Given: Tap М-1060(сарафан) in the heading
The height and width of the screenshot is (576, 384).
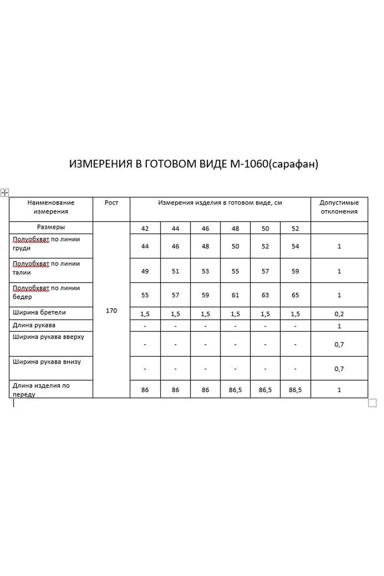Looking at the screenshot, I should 274,164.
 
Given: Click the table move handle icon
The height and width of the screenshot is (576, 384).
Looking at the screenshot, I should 5,193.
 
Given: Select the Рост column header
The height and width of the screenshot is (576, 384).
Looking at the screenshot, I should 111,203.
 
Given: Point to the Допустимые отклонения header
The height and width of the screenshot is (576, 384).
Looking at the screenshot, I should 339,207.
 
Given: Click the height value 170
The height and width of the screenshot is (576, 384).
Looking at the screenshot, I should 111,311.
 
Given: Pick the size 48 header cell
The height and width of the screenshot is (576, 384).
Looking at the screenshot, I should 235,229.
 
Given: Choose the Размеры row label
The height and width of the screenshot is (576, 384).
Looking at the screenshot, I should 51,227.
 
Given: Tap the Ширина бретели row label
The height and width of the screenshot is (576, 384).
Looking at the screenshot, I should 39,312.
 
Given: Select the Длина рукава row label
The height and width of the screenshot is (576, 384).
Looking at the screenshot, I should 34,325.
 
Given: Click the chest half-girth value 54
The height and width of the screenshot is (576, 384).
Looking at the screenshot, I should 295,247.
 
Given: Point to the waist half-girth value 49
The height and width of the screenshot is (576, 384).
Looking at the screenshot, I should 145,271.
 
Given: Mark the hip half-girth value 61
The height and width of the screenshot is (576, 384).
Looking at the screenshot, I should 235,295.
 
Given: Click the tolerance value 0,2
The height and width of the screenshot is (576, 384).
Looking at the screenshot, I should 339,314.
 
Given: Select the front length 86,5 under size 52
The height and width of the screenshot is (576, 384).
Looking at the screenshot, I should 295,390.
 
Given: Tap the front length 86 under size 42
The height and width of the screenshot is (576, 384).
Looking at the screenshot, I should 145,390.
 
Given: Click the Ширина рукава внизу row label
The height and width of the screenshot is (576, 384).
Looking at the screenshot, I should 47,362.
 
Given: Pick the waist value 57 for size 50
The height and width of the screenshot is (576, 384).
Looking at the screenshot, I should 265,271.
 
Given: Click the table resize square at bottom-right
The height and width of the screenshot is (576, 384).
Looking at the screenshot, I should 372,403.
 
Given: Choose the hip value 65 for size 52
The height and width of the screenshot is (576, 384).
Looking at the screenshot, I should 295,295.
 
